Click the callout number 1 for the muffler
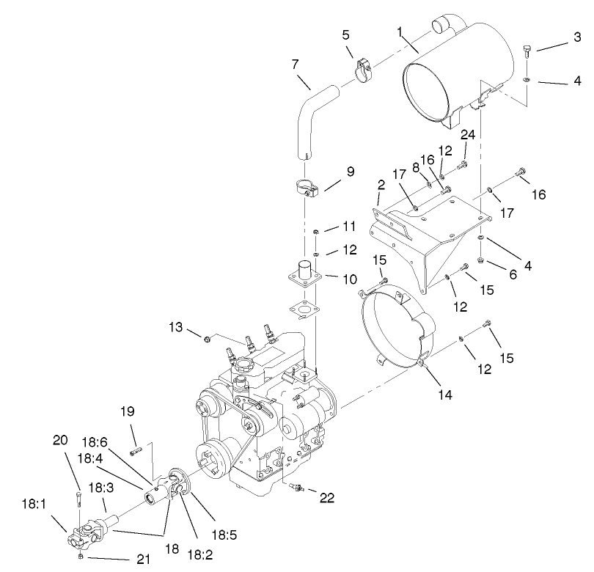click(x=400, y=32)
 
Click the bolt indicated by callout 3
click(x=527, y=51)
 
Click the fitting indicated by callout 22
click(x=296, y=487)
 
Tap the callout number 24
click(x=469, y=134)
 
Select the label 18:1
click(x=33, y=505)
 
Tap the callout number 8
click(x=417, y=167)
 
